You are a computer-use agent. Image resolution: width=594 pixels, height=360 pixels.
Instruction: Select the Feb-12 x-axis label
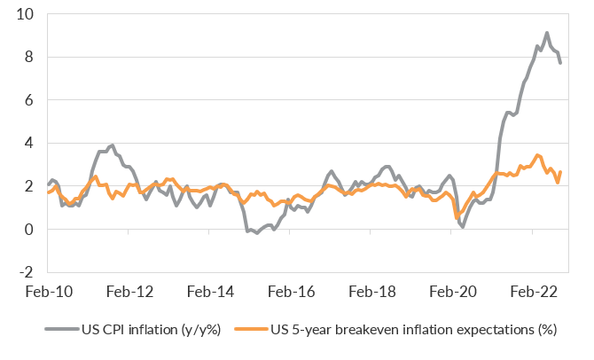click(131, 292)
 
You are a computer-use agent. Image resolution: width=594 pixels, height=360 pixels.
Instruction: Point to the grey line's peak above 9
click(546, 33)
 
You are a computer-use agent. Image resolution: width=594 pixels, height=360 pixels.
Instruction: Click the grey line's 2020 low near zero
click(463, 227)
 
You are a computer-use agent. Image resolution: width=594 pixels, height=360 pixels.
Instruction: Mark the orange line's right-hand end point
click(560, 172)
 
